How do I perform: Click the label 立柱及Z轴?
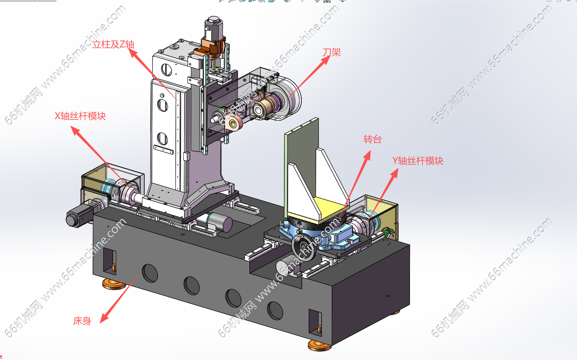pyautogui.click(x=114, y=44)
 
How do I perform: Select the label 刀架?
pyautogui.click(x=331, y=52)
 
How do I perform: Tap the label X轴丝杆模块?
pyautogui.click(x=80, y=116)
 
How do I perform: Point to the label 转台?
pyautogui.click(x=372, y=139)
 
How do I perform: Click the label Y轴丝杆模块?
pyautogui.click(x=418, y=161)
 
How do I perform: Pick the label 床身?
pyautogui.click(x=82, y=321)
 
